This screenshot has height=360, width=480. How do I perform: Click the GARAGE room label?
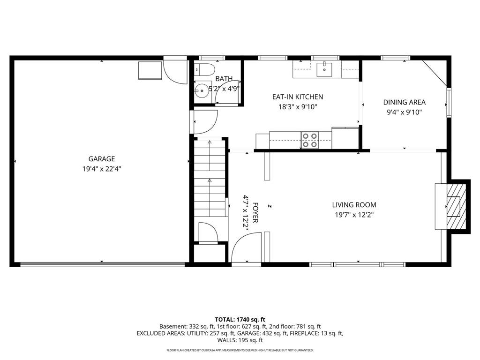[102, 159]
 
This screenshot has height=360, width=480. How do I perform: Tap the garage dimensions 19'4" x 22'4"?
[102, 169]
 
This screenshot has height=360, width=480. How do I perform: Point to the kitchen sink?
[324, 69]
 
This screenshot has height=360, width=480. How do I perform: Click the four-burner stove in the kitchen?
[309, 140]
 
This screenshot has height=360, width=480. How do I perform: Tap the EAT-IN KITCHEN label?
[298, 97]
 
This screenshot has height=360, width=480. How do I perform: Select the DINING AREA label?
[404, 102]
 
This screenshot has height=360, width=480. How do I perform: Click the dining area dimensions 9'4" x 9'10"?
[404, 112]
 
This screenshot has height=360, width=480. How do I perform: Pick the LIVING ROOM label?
[354, 205]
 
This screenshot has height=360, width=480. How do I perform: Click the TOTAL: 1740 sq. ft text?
[240, 319]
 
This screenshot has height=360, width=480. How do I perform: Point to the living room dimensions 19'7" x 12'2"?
[354, 215]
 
